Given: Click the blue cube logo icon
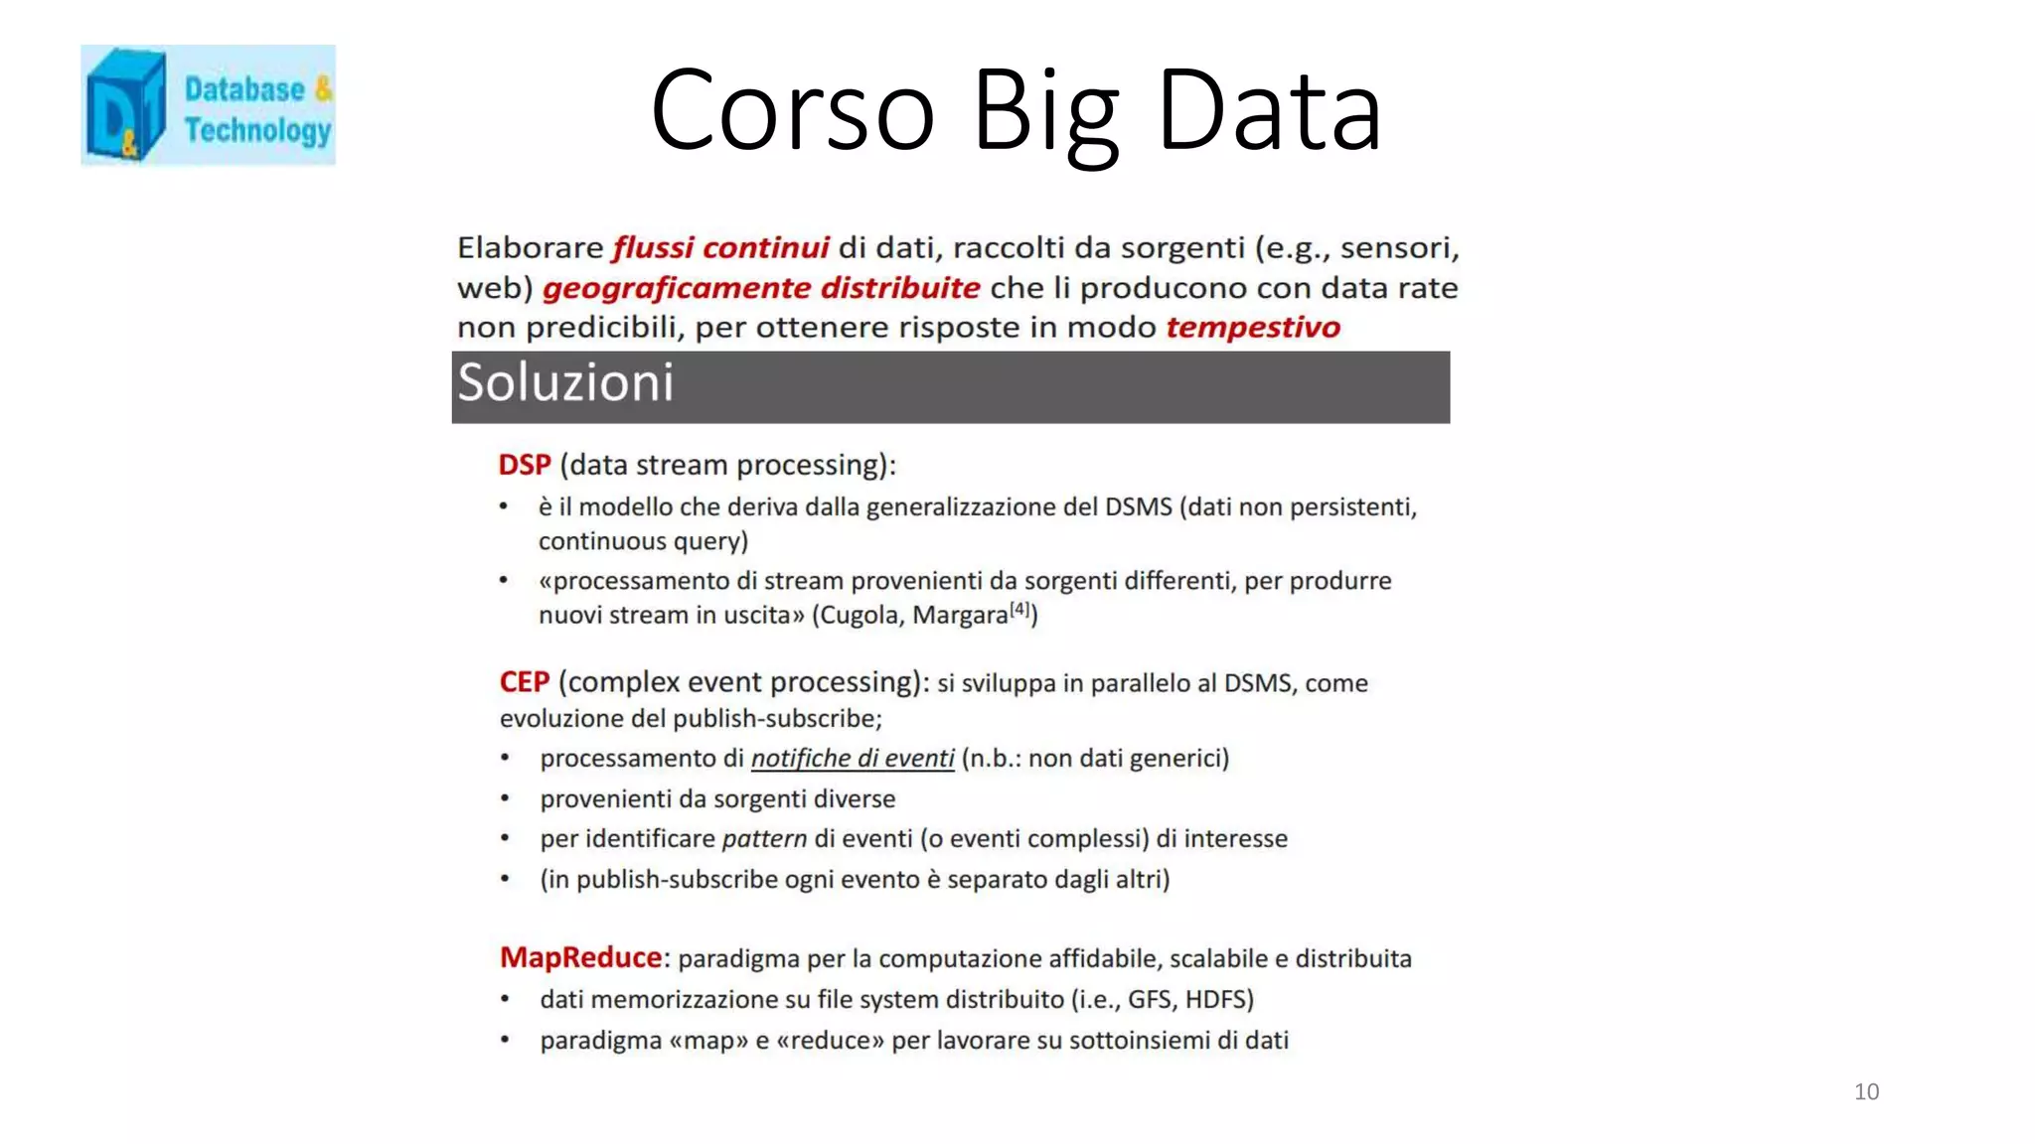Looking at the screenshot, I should click(x=125, y=105).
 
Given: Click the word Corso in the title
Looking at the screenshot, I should click(x=792, y=110).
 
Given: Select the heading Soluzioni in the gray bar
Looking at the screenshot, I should click(x=565, y=383).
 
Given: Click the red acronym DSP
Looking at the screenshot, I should click(x=524, y=465).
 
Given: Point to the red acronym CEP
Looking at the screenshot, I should click(x=524, y=682).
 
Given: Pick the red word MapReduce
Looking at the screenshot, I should click(x=580, y=957).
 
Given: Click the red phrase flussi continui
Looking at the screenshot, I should click(x=720, y=247).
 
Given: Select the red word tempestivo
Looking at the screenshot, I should click(x=1252, y=327).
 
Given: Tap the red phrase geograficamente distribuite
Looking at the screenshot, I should click(x=761, y=288).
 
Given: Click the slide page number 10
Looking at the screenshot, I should click(x=1866, y=1091).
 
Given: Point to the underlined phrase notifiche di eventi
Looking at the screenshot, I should click(x=853, y=759).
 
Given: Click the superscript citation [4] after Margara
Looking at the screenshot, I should click(x=1019, y=610).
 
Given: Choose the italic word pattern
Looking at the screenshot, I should click(x=764, y=839).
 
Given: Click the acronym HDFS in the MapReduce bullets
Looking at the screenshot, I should click(x=1219, y=999).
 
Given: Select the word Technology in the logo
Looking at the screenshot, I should click(x=257, y=130).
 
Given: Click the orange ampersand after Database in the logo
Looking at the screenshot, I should click(x=323, y=89).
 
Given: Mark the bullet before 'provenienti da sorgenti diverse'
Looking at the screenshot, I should click(x=505, y=798).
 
